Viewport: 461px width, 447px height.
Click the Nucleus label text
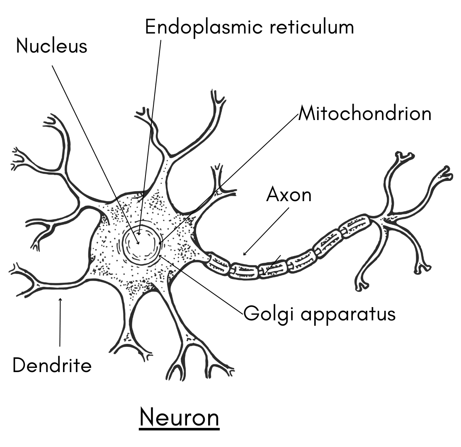point(52,46)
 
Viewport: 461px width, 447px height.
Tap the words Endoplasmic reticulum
point(249,27)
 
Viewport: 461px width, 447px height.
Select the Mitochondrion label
point(365,113)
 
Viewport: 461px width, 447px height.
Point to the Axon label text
point(289,194)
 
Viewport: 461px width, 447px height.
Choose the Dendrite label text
point(52,365)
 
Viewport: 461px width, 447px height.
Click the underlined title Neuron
point(179,418)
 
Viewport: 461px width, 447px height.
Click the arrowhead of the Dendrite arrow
point(61,300)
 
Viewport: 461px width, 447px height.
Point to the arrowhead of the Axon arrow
point(245,254)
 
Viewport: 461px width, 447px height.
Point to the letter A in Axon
point(273,194)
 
